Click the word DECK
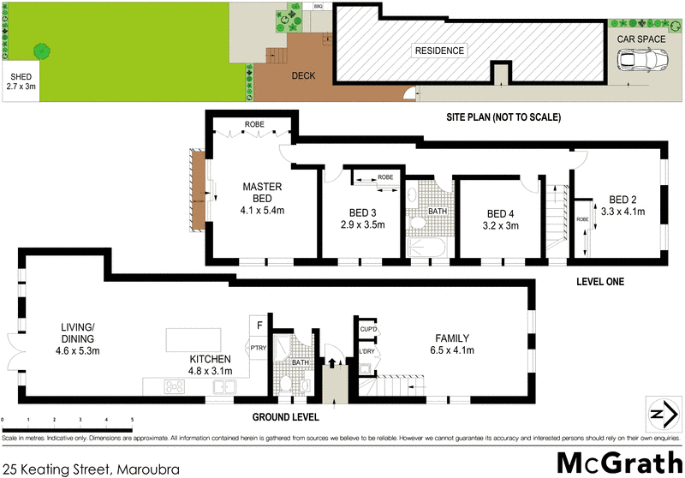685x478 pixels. [303, 76]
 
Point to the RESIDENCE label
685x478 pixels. [440, 51]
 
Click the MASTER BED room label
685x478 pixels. [263, 193]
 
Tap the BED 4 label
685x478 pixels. [499, 213]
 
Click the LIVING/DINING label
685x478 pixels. [82, 332]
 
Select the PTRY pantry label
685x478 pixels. [258, 348]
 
